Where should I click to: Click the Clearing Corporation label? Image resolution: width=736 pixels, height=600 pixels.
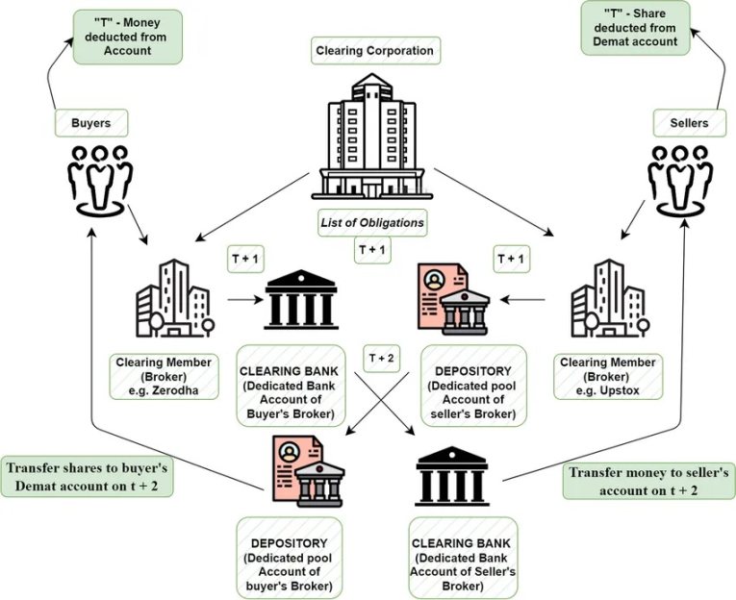pos(374,50)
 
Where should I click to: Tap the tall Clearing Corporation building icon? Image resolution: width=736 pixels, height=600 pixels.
pos(372,135)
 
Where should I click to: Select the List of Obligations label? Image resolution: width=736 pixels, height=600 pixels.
pos(372,223)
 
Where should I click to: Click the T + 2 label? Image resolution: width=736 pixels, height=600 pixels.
pos(381,358)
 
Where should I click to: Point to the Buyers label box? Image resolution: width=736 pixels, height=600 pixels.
pos(91,122)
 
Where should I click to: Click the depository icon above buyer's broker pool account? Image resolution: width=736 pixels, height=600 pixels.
pos(301,471)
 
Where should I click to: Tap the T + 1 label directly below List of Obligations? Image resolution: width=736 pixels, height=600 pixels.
pos(372,250)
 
